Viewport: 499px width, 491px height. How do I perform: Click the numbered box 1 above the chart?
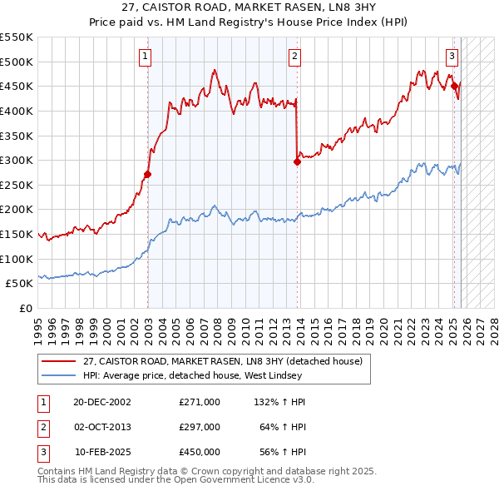coord(146,57)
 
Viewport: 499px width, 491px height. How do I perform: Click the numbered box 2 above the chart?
coord(295,57)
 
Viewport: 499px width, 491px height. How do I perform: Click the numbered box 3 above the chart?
coord(452,57)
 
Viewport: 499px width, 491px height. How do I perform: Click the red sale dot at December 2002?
coord(148,175)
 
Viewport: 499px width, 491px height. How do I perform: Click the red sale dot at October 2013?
coord(297,162)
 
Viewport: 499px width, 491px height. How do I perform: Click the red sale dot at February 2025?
coord(454,86)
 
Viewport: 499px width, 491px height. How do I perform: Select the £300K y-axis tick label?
coord(17,160)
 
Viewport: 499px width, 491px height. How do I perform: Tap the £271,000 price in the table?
coord(199,401)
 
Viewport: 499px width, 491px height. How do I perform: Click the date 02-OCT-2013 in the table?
coord(103,426)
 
